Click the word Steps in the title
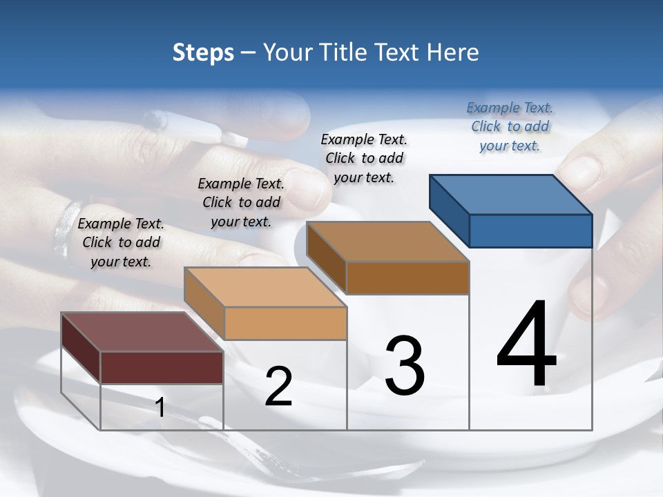point(203,52)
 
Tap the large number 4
point(526,345)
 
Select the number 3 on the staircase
point(404,366)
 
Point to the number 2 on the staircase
point(278,387)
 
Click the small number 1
point(160,408)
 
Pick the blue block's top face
point(511,195)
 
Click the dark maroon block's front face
point(162,367)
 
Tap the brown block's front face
point(407,277)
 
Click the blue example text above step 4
point(510,126)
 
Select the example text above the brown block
point(364,158)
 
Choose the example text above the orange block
point(241,202)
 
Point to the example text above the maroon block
point(121,242)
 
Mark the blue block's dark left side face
point(449,210)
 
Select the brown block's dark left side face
point(326,257)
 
